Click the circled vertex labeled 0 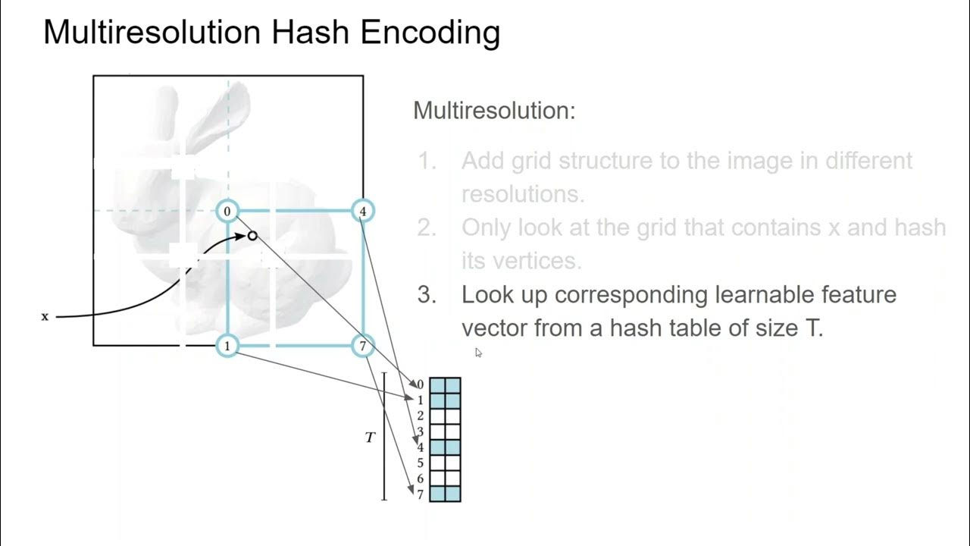(227, 211)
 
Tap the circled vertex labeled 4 (363, 211)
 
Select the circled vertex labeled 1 (227, 346)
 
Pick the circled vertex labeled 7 (363, 346)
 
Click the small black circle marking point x (252, 236)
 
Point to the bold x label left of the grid (45, 316)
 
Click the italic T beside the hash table (371, 438)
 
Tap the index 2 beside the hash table (420, 416)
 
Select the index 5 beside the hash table (420, 463)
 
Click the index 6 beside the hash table (420, 479)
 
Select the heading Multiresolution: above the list (494, 111)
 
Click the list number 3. (427, 294)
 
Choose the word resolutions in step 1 (523, 194)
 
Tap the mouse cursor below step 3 (478, 352)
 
